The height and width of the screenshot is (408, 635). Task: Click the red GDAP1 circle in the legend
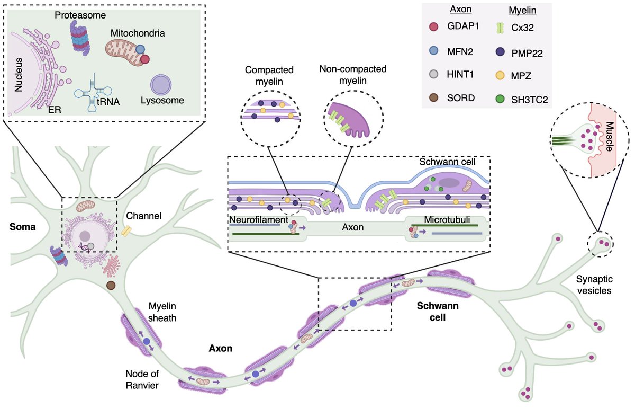434,26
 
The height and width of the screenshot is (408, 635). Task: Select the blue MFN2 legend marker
434,51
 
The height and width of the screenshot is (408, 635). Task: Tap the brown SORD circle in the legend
434,97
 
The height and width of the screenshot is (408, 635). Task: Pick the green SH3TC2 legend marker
501,99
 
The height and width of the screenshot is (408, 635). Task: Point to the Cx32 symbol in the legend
501,28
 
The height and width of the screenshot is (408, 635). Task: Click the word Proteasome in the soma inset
80,15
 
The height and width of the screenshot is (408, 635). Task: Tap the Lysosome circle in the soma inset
161,85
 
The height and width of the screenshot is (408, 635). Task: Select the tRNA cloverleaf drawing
93,93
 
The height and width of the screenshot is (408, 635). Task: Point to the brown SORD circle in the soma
111,286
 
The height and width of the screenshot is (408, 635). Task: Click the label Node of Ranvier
142,379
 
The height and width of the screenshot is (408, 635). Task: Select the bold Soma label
23,227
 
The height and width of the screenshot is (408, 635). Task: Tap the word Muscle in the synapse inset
609,136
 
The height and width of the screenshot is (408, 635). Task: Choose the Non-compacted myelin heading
353,75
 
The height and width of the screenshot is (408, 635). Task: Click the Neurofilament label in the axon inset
259,219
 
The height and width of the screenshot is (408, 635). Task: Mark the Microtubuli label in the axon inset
447,219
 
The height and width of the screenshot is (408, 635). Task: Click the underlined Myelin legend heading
522,10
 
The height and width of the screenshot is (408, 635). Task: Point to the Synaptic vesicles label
594,285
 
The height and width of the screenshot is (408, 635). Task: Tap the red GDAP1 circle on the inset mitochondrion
145,59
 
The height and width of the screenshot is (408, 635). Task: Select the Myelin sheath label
162,312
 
